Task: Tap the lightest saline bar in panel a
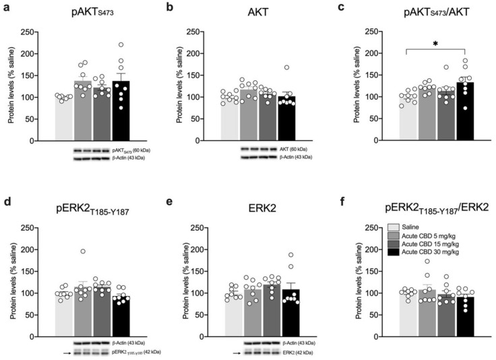[x=65, y=119]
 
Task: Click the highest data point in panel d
[x=84, y=251]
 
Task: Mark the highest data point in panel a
[x=122, y=45]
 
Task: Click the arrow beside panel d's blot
[x=65, y=351]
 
